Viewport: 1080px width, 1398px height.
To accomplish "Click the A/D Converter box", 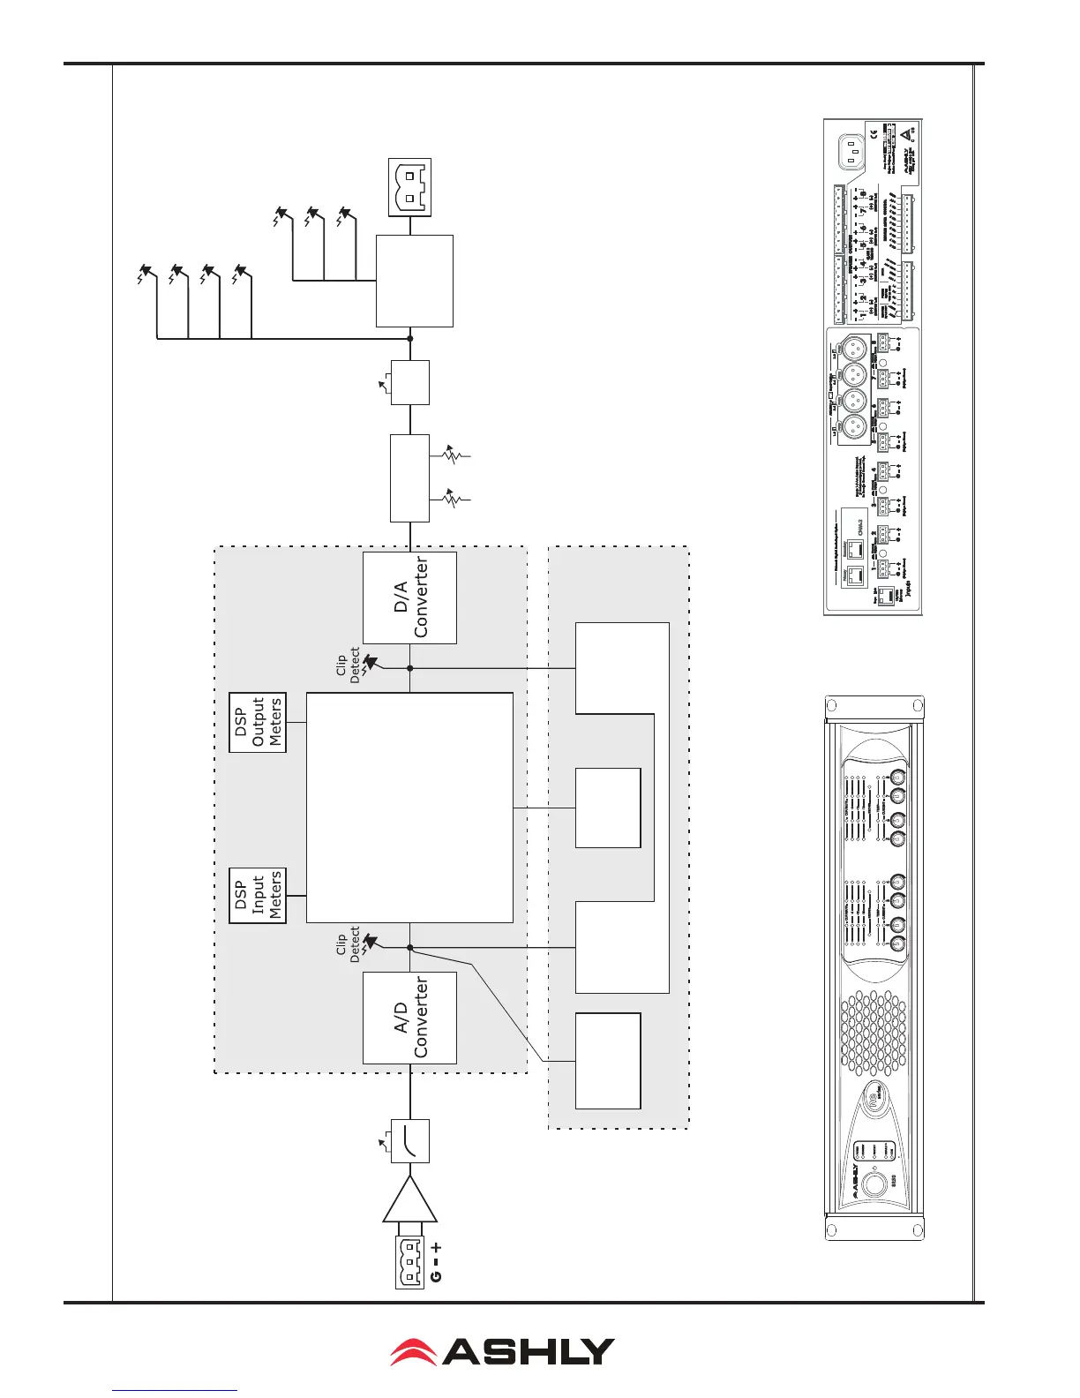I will [x=409, y=1018].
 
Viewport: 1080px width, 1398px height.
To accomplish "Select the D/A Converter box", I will [x=409, y=598].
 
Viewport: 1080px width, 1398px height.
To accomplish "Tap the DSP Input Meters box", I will [x=258, y=895].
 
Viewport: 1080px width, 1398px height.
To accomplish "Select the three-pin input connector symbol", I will [x=410, y=1255].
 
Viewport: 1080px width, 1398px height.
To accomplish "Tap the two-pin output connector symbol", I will [x=410, y=187].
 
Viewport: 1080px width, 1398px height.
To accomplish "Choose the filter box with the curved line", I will [x=410, y=1140].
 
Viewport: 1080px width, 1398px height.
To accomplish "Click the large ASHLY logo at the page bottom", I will [x=503, y=1351].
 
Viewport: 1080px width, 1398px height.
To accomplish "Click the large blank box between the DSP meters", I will [x=409, y=808].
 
